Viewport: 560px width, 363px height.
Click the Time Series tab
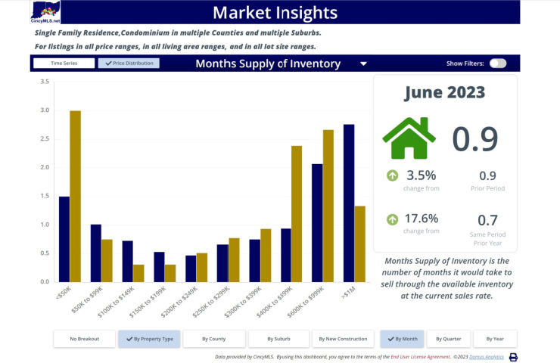64,64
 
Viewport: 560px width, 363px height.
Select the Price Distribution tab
129,64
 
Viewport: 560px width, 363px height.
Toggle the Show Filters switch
497,64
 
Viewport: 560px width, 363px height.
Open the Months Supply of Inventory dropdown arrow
364,64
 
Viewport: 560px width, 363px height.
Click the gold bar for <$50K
76,196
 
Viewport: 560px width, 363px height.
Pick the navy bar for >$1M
349,203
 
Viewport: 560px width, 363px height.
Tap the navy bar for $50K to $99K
95,253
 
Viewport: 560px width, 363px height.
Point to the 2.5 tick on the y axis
45,138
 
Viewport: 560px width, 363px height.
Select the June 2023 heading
444,93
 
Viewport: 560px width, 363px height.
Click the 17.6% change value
422,219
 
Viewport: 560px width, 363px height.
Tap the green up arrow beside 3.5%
393,176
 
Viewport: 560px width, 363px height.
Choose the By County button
213,339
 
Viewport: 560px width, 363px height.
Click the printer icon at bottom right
512,357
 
